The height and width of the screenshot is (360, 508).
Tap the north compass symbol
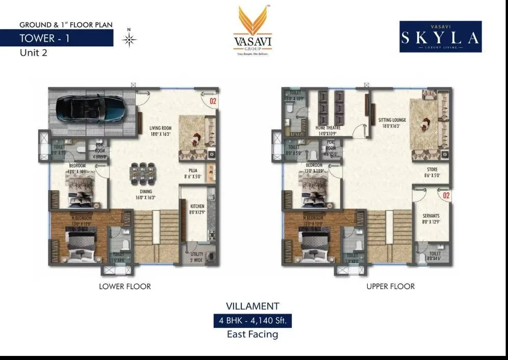[x=131, y=39]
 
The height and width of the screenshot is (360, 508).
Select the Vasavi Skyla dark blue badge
[x=440, y=37]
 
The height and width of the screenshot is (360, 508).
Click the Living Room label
[x=160, y=131]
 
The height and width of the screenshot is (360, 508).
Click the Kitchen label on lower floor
[x=196, y=210]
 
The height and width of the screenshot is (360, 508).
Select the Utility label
[x=197, y=256]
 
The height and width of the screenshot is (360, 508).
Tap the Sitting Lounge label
[x=392, y=122]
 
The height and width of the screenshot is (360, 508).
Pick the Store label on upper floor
[x=431, y=172]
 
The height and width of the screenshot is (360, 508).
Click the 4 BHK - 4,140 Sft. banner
[x=252, y=321]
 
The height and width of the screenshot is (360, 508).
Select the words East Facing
[x=252, y=335]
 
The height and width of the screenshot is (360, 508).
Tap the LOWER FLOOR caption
[x=125, y=287]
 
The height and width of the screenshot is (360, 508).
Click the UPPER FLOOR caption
[x=390, y=287]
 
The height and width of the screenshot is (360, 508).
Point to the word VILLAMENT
[x=252, y=306]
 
